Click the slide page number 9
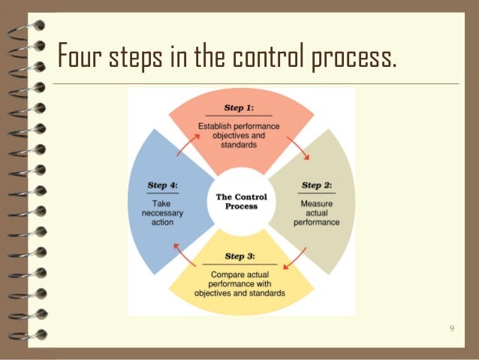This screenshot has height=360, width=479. [x=451, y=328]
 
